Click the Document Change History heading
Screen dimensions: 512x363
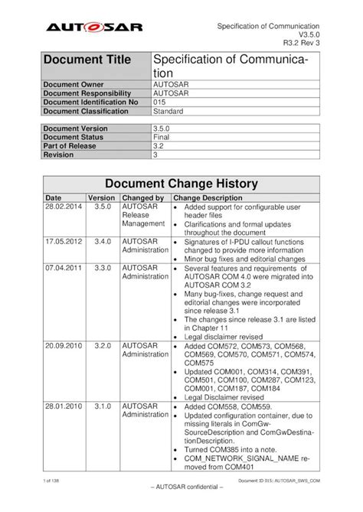point(181,184)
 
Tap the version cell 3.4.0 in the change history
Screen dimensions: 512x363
point(103,240)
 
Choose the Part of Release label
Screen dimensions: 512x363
point(72,145)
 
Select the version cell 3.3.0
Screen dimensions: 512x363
point(103,269)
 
